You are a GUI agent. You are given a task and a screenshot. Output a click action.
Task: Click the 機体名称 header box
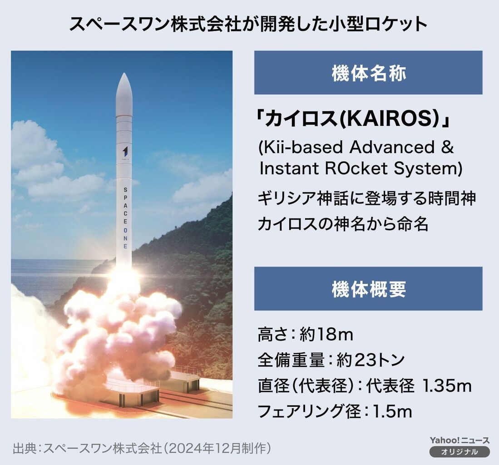click(x=368, y=73)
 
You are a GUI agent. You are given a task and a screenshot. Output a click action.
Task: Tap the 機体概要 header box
click(x=368, y=289)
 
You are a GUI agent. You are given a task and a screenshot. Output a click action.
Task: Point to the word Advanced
click(x=392, y=148)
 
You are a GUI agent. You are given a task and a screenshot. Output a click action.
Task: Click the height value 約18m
click(x=326, y=335)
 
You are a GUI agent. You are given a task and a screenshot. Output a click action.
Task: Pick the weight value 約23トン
click(x=371, y=360)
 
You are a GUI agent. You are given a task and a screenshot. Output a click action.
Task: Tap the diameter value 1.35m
click(x=446, y=386)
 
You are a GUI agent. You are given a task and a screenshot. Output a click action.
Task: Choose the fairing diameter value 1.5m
click(x=392, y=411)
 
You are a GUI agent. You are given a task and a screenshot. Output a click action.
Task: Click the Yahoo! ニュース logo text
click(x=459, y=441)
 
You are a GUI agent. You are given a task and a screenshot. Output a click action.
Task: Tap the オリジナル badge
click(x=459, y=452)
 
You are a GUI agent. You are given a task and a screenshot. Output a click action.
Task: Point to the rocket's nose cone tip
click(x=124, y=73)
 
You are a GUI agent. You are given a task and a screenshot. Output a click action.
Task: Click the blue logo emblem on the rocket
click(x=125, y=151)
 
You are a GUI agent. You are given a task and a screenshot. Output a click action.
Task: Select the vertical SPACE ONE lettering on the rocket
click(x=125, y=218)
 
